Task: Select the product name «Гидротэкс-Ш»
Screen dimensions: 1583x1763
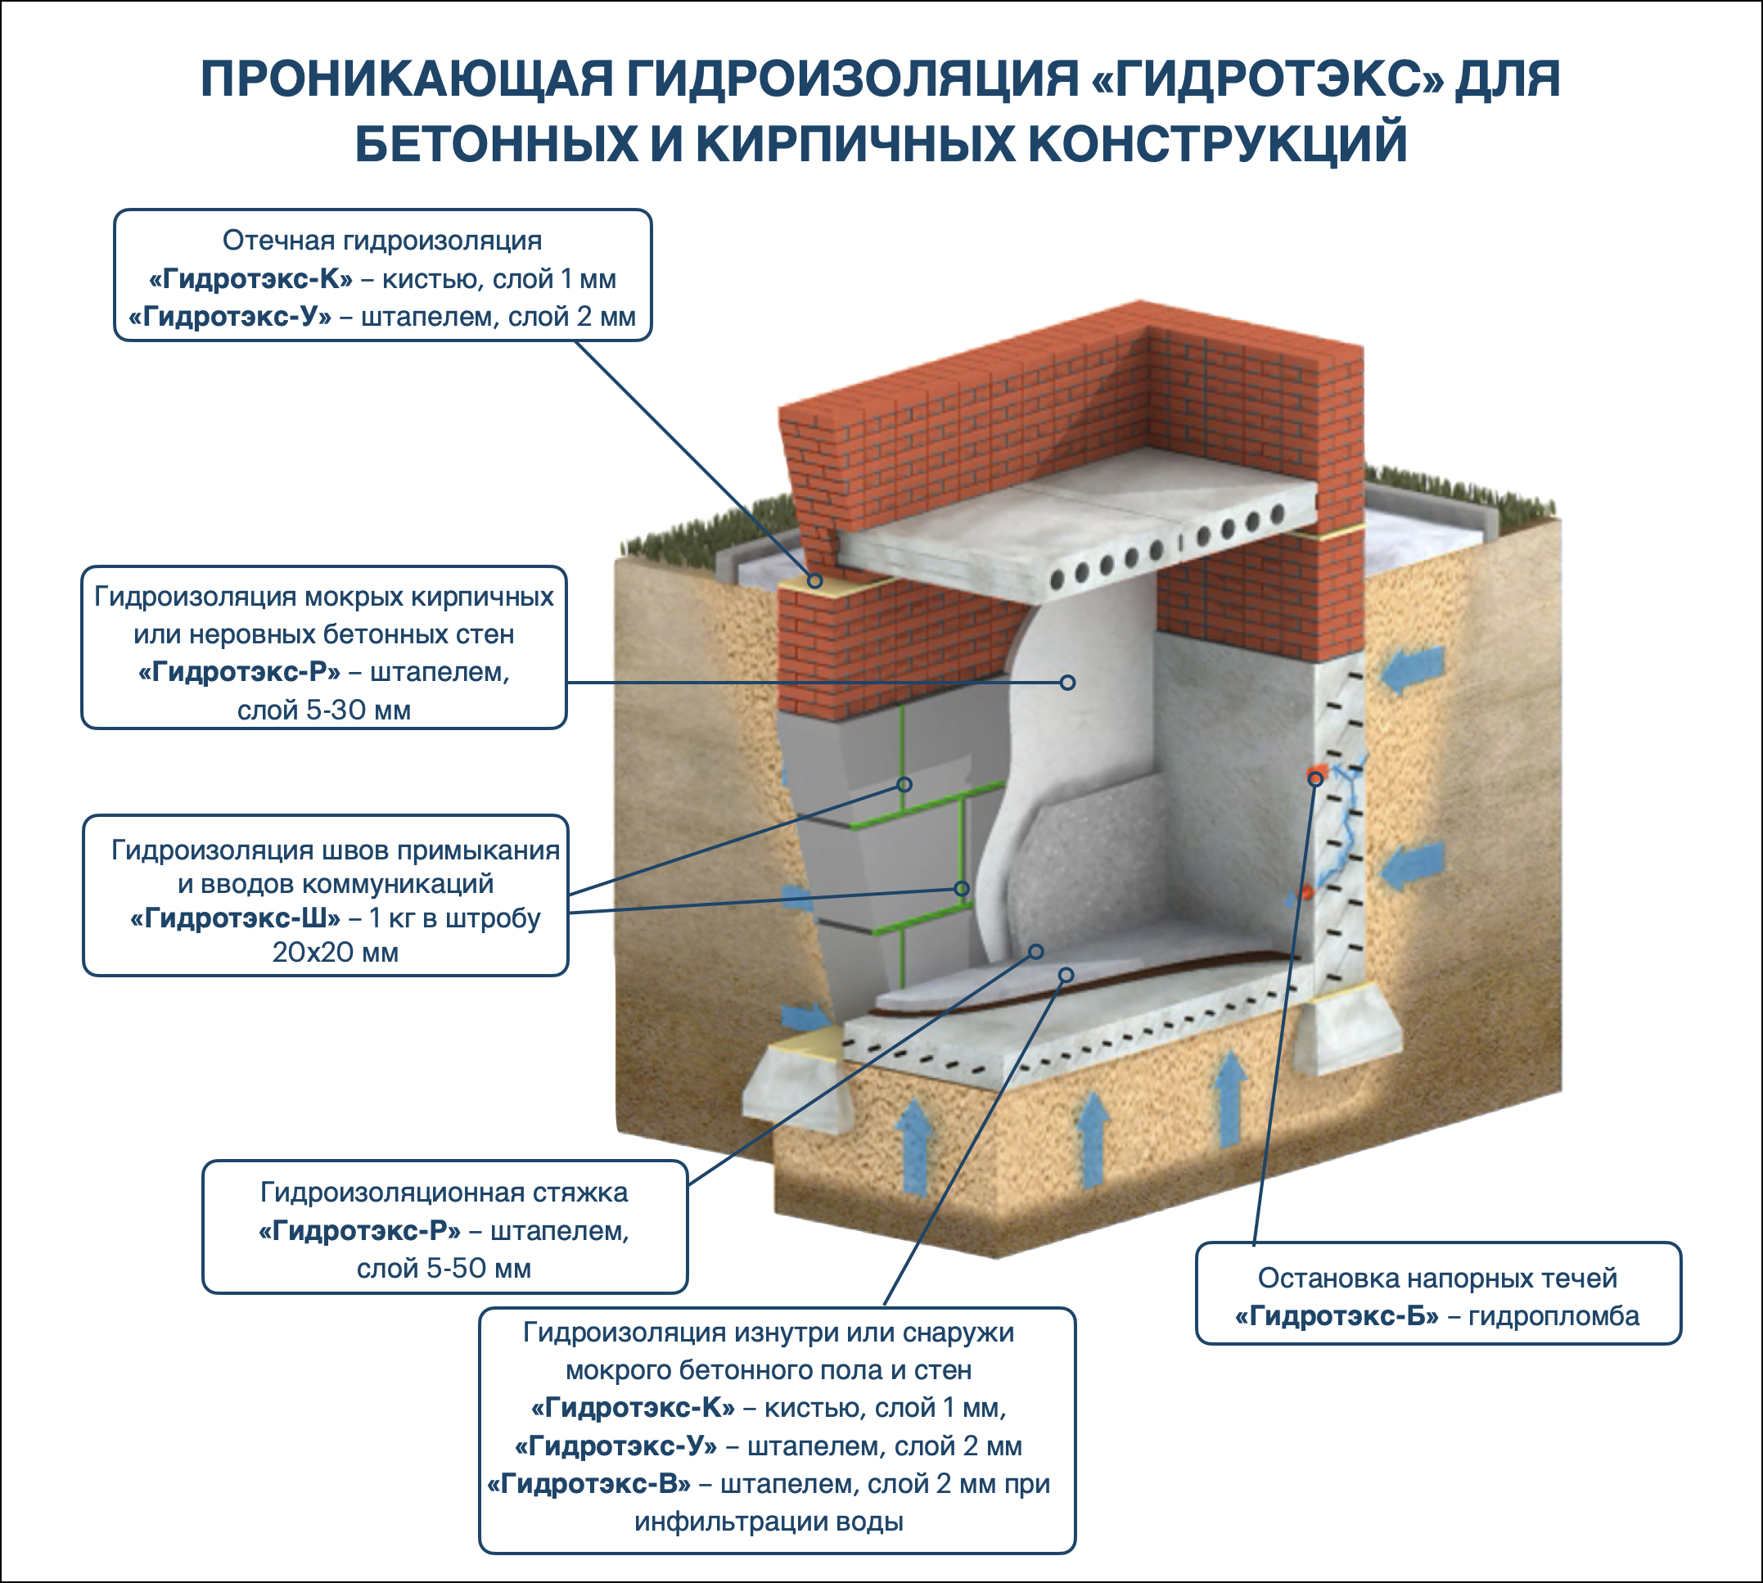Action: [235, 918]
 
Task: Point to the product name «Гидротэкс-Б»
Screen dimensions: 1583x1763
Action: [1337, 1316]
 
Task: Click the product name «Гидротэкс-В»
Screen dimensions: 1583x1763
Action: [588, 1483]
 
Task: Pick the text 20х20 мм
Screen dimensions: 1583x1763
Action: [336, 953]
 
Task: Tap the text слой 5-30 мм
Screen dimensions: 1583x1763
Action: [323, 710]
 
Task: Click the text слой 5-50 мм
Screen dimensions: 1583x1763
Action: [444, 1268]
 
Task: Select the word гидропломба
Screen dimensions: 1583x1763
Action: [1553, 1316]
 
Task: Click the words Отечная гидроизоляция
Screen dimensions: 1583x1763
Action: [382, 240]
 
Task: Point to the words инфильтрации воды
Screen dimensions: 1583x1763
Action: [769, 1522]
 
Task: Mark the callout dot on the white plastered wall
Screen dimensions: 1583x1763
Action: [1068, 683]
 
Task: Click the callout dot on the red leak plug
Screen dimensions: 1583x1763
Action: [1316, 778]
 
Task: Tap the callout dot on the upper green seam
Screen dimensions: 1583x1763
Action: [904, 784]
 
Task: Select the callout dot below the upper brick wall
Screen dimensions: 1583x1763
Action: [815, 580]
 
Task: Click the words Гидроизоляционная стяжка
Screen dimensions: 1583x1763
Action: [444, 1193]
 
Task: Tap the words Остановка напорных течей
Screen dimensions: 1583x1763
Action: [1437, 1278]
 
